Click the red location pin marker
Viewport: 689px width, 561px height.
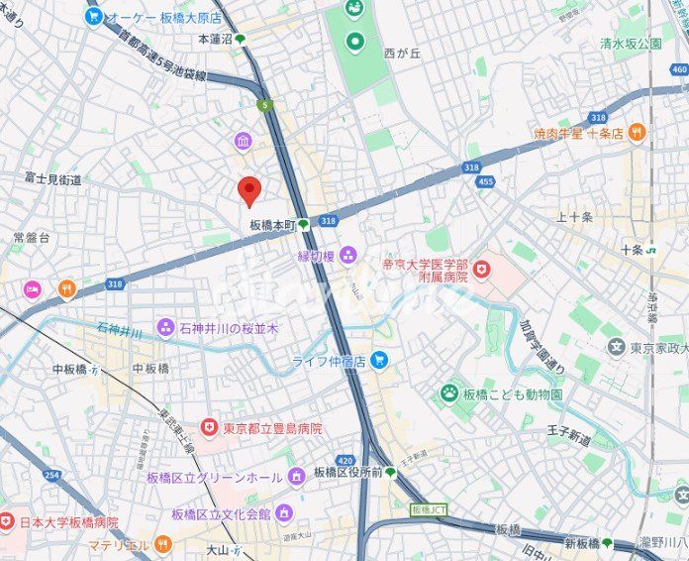[250, 189]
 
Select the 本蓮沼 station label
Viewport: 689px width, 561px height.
[215, 39]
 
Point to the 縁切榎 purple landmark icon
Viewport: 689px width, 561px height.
[347, 256]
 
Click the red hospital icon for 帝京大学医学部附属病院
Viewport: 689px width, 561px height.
[481, 268]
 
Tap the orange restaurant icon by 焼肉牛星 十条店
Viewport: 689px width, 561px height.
[636, 132]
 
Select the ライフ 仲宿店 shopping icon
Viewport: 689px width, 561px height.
[380, 361]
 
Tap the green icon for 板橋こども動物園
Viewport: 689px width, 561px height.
[450, 393]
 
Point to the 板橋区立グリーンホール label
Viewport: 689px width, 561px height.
[214, 478]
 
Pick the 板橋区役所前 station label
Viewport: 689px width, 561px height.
[346, 473]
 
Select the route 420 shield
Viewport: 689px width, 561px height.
[344, 460]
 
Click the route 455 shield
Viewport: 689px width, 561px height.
[484, 181]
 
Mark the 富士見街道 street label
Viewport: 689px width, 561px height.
[53, 179]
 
